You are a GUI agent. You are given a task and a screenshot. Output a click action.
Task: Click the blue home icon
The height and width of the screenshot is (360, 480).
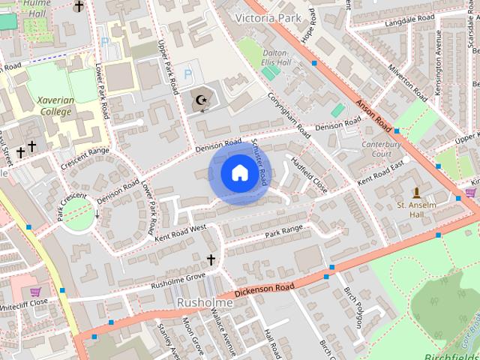point(238,174)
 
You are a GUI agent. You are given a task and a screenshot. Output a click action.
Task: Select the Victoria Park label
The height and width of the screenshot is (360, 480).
point(268,16)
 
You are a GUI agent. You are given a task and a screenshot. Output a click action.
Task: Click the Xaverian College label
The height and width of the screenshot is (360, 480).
point(54,106)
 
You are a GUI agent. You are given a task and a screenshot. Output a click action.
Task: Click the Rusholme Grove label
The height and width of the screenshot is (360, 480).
point(178,280)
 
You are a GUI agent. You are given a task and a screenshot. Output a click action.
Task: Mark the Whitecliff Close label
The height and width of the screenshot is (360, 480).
point(23,302)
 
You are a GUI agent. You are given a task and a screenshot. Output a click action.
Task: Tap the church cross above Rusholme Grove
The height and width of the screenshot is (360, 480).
point(211,260)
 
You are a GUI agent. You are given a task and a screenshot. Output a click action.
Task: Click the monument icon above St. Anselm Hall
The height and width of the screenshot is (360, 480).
point(416,193)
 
